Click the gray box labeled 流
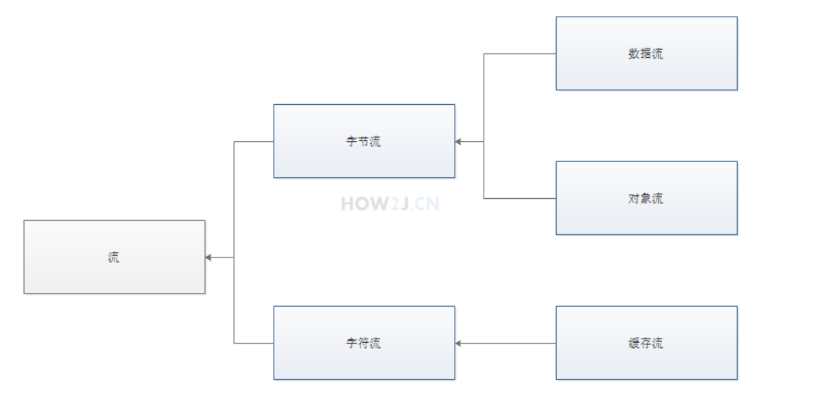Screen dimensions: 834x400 (114, 257)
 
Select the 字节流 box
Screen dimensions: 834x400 (363, 141)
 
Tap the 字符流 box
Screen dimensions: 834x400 (363, 343)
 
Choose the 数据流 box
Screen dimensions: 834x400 (646, 54)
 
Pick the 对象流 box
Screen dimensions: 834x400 (646, 198)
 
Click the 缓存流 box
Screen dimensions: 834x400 (646, 343)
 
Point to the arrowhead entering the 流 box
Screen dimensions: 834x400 (209, 257)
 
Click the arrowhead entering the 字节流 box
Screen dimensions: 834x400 (459, 141)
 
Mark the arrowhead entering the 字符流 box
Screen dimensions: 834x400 (459, 343)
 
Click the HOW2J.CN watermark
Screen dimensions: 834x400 (390, 204)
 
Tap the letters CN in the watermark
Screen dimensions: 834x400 (426, 204)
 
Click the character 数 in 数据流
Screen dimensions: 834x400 (634, 54)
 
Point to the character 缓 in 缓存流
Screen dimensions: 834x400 (634, 343)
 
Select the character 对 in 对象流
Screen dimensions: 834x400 (634, 198)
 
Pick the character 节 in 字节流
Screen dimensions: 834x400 (363, 141)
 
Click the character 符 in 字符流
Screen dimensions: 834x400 (363, 343)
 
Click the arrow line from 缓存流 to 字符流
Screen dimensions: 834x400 (507, 343)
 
